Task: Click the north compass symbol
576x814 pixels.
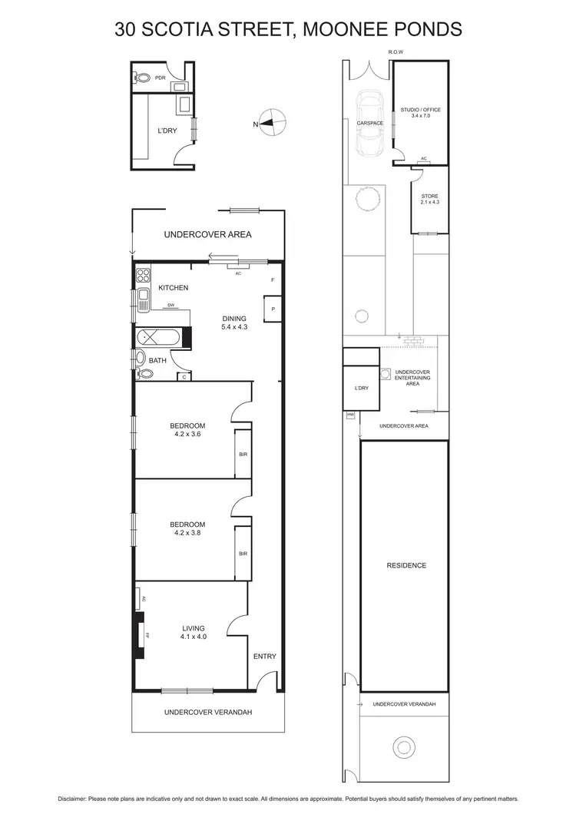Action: click(273, 122)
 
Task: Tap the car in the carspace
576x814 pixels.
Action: click(370, 123)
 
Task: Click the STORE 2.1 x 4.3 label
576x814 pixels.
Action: click(429, 199)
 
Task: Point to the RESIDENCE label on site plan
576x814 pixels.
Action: click(406, 566)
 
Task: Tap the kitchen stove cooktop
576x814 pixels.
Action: click(143, 274)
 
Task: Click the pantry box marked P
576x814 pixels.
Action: click(273, 309)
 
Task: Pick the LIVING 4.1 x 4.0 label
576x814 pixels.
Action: click(194, 632)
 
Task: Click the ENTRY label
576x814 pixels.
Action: click(264, 657)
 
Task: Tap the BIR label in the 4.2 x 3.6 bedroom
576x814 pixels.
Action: click(243, 455)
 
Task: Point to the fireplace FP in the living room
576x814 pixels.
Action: click(141, 635)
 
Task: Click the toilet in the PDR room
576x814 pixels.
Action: click(142, 78)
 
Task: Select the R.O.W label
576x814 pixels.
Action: click(396, 52)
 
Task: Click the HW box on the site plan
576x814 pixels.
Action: click(351, 415)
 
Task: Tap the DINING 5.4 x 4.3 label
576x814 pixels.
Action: click(234, 323)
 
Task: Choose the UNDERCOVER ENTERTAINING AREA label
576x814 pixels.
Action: click(412, 378)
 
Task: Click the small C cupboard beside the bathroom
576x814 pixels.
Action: click(184, 376)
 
